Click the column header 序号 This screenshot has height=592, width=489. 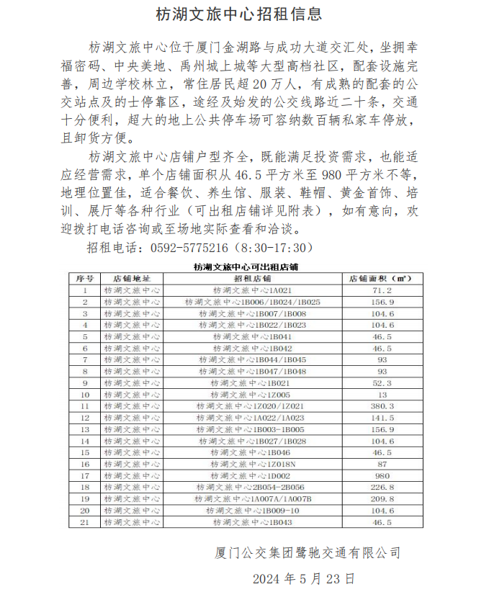click(85, 278)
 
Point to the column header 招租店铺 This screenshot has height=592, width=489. click(251, 278)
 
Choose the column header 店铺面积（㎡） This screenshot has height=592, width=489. click(381, 278)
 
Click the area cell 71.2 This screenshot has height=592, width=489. click(381, 290)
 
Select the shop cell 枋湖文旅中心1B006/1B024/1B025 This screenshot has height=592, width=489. click(251, 302)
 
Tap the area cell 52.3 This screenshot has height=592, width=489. click(381, 383)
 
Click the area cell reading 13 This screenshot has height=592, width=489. click(381, 395)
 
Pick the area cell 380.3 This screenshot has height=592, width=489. click(381, 406)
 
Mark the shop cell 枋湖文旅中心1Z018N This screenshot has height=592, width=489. click(251, 465)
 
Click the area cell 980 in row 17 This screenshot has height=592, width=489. click(381, 476)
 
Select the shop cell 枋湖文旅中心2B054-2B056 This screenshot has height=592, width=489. click(251, 488)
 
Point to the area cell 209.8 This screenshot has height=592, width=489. click(381, 499)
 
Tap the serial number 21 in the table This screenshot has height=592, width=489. click(85, 522)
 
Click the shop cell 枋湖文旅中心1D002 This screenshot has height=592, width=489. click(251, 476)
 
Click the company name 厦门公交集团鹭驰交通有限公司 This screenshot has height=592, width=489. click(307, 552)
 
